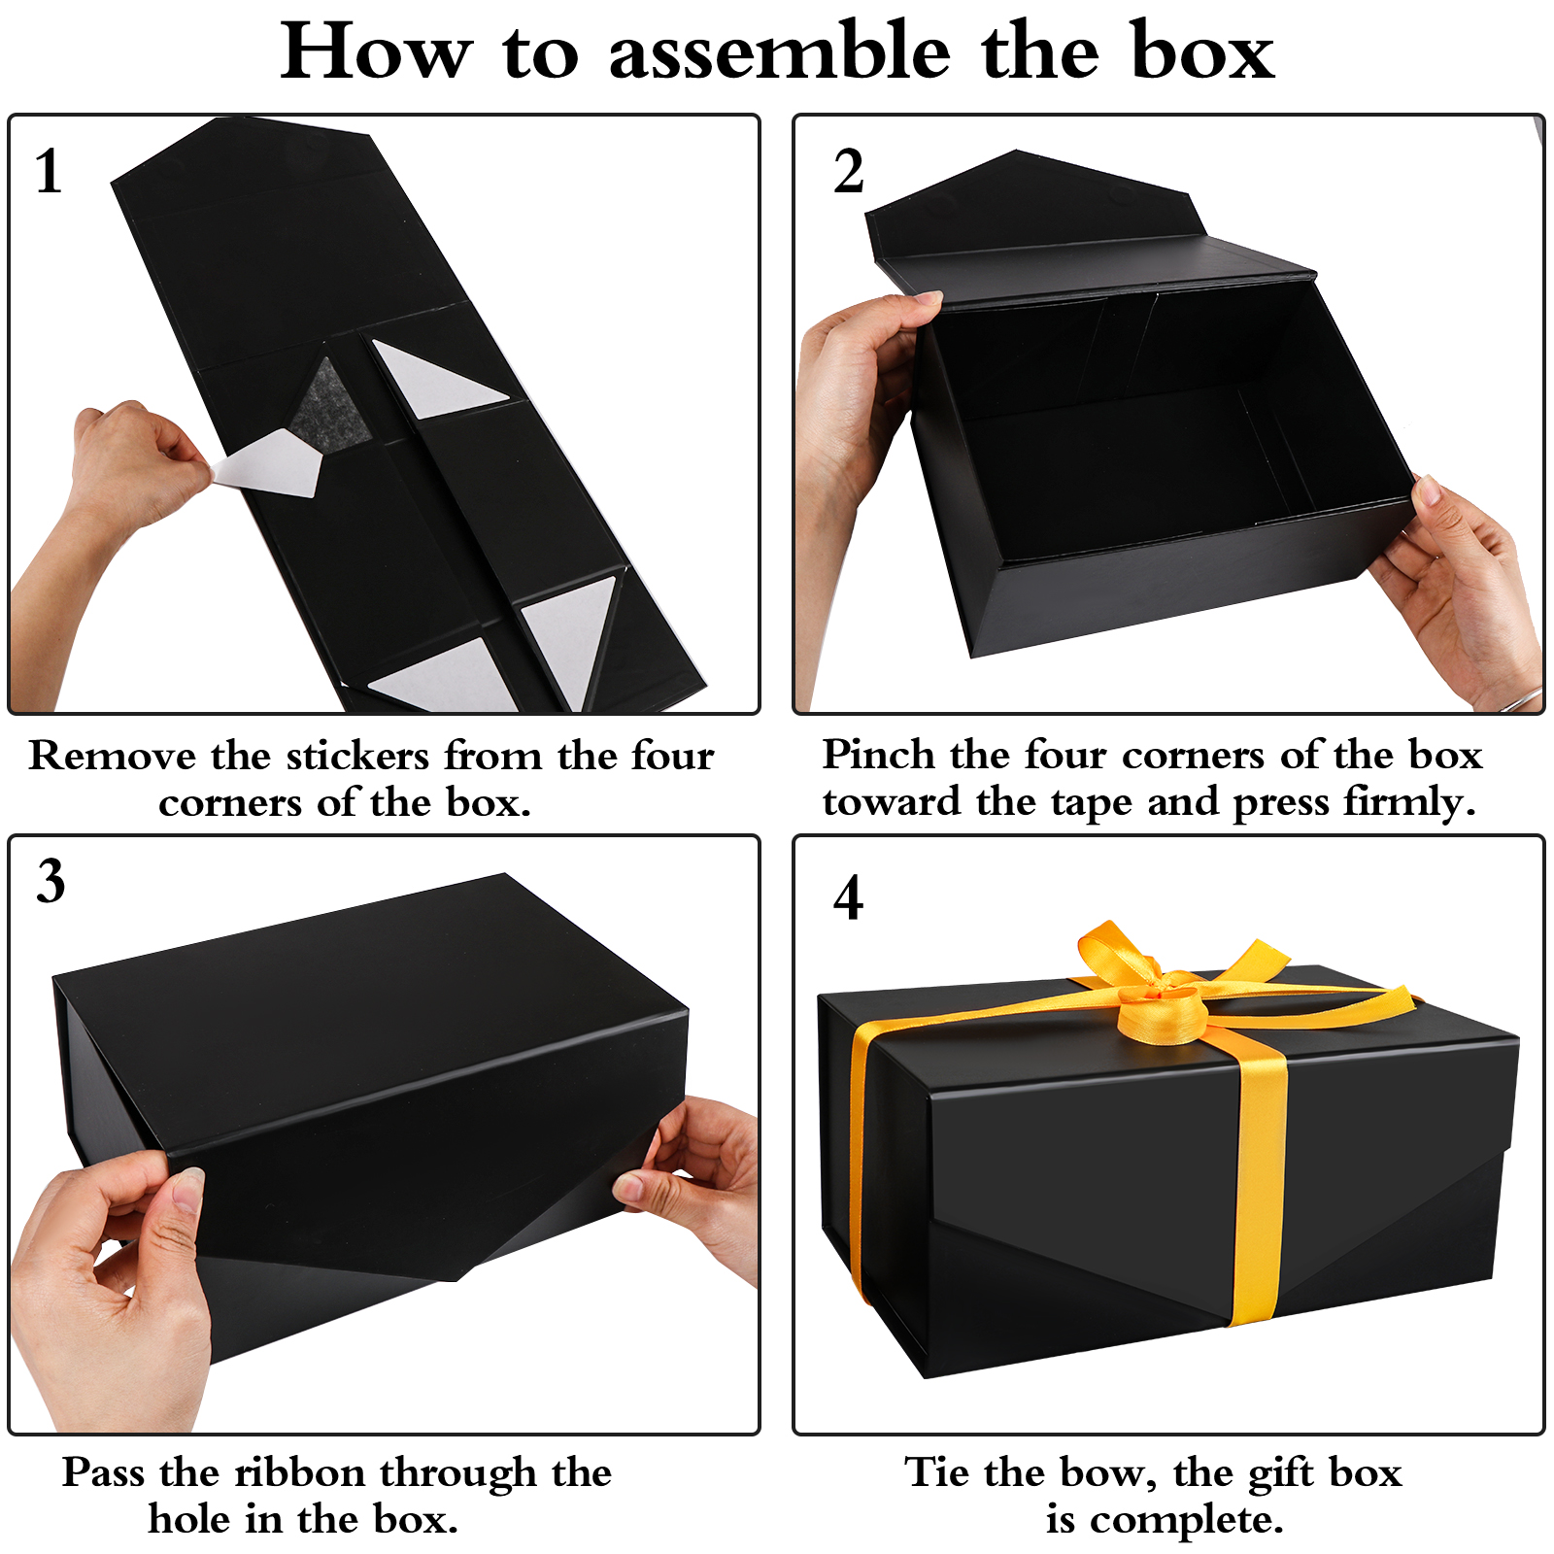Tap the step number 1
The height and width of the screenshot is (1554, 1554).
[x=49, y=172]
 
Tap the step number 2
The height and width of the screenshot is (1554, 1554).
[x=848, y=172]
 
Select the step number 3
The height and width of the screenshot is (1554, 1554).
[x=51, y=881]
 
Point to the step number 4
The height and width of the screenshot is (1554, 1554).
[x=848, y=896]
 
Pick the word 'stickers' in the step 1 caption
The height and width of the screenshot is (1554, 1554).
[x=357, y=756]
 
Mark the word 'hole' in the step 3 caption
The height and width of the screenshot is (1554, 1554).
[x=189, y=1519]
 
